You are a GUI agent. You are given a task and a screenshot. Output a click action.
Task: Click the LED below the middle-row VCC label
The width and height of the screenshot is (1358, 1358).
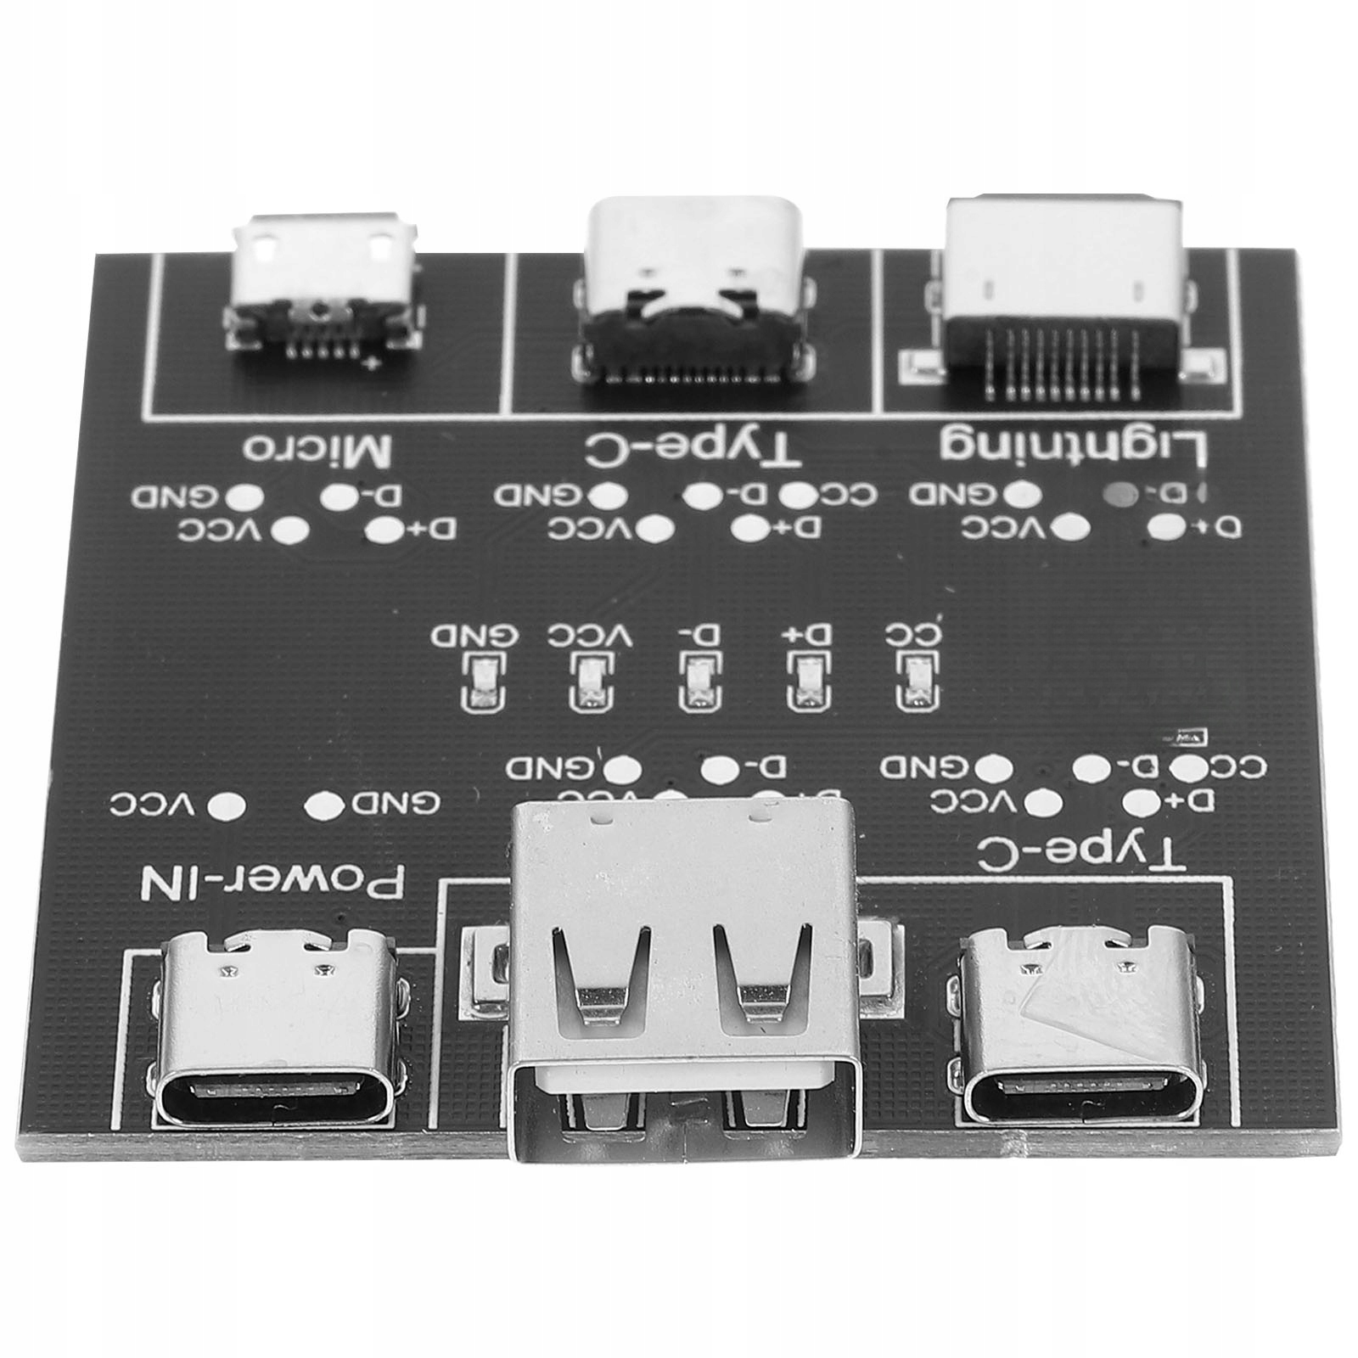tap(588, 681)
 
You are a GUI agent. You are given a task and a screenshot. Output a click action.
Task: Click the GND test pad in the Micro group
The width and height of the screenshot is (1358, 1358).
tap(247, 496)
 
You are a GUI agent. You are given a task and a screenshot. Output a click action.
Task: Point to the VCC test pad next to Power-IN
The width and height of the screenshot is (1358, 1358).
tap(227, 804)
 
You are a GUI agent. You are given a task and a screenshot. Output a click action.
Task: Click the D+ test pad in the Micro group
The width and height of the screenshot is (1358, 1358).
tap(384, 530)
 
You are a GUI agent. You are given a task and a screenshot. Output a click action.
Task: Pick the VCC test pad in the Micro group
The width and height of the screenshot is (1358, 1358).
tap(291, 530)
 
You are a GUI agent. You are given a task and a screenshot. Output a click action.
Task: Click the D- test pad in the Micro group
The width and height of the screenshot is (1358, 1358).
tap(341, 496)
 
